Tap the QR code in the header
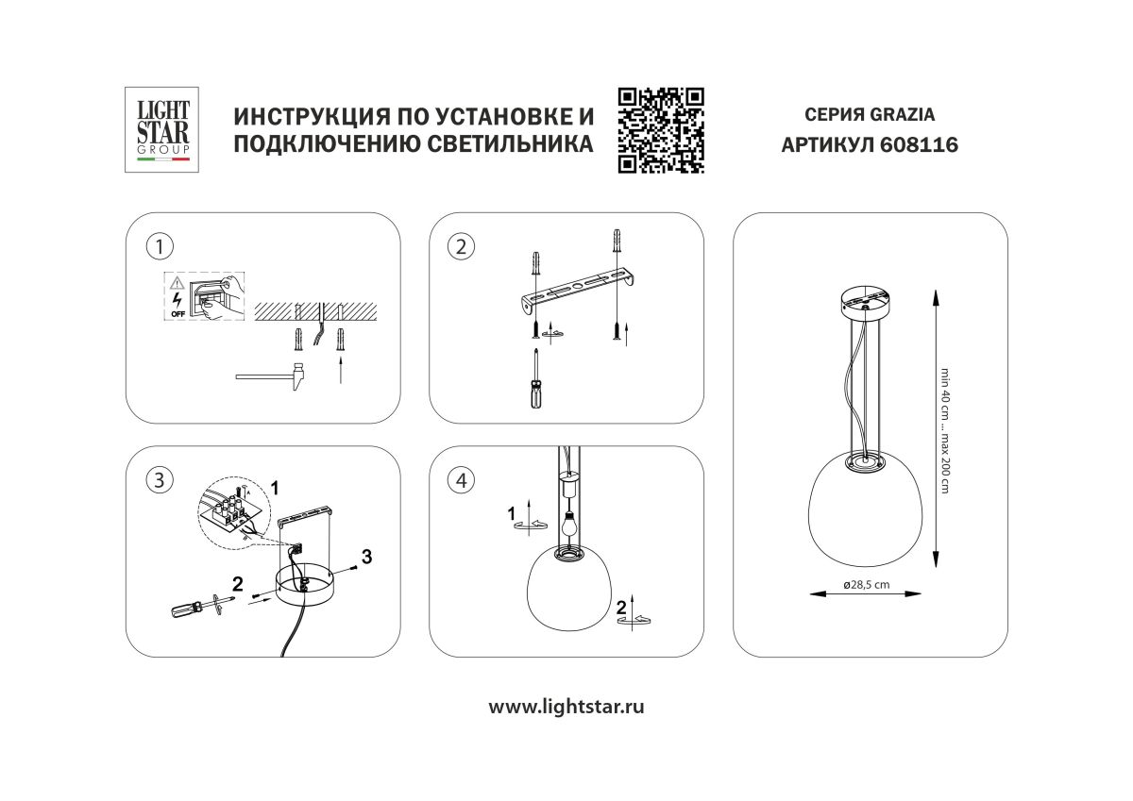click(x=661, y=130)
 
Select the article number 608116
click(x=905, y=146)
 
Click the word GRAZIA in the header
click(x=902, y=115)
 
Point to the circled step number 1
click(x=160, y=247)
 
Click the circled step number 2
click(x=461, y=247)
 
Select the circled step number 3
click(x=160, y=480)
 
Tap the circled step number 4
click(x=461, y=480)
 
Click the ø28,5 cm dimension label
click(x=866, y=585)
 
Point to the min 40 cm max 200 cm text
click(x=944, y=429)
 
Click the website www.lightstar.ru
click(x=566, y=707)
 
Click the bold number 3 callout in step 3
click(x=366, y=557)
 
